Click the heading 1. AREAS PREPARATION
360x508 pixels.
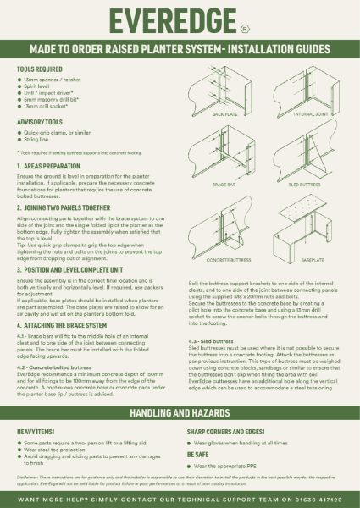(x=50, y=166)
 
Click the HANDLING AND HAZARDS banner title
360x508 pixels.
(x=180, y=413)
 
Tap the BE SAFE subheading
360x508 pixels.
(x=197, y=455)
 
